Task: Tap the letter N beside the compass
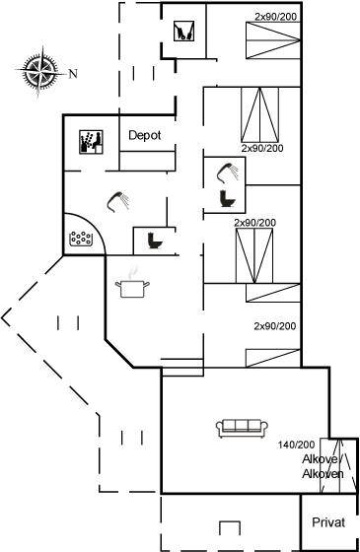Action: point(73,74)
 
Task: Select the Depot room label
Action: point(144,135)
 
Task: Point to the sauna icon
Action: point(91,142)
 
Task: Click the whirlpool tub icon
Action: point(81,239)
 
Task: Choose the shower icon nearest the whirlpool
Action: point(118,201)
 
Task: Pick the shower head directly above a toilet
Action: point(228,172)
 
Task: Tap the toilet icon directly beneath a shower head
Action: point(227,198)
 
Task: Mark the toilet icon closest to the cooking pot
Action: point(155,241)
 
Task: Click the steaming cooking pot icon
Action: point(132,285)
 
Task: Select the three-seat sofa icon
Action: point(242,428)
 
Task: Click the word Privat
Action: point(328,522)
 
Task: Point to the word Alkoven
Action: point(323,474)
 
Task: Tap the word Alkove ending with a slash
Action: point(321,459)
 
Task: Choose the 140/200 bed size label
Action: point(296,445)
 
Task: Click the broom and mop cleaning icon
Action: point(183,31)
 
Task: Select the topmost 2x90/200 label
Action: point(276,17)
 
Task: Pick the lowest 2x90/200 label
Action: point(275,326)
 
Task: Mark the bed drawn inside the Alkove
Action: point(338,465)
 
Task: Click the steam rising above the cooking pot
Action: point(132,273)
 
